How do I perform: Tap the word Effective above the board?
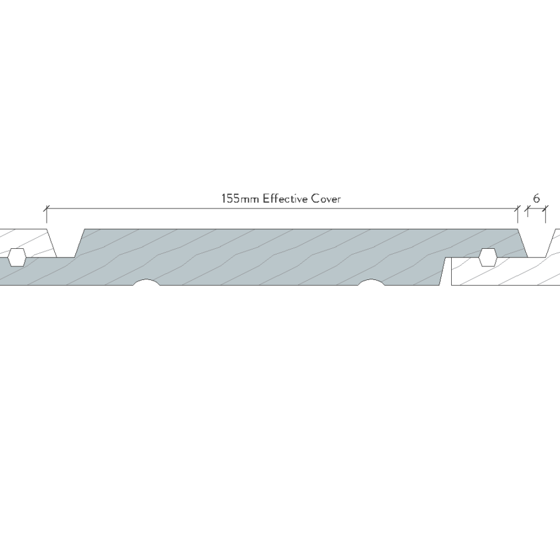click(285, 198)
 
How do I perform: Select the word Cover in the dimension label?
click(325, 198)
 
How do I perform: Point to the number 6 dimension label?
click(536, 198)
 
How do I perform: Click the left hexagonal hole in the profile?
click(17, 257)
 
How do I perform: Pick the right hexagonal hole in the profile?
click(487, 257)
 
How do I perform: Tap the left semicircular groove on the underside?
click(146, 282)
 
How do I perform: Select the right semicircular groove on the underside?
click(371, 282)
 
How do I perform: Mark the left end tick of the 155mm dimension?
click(47, 208)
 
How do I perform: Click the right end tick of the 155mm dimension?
click(518, 208)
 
